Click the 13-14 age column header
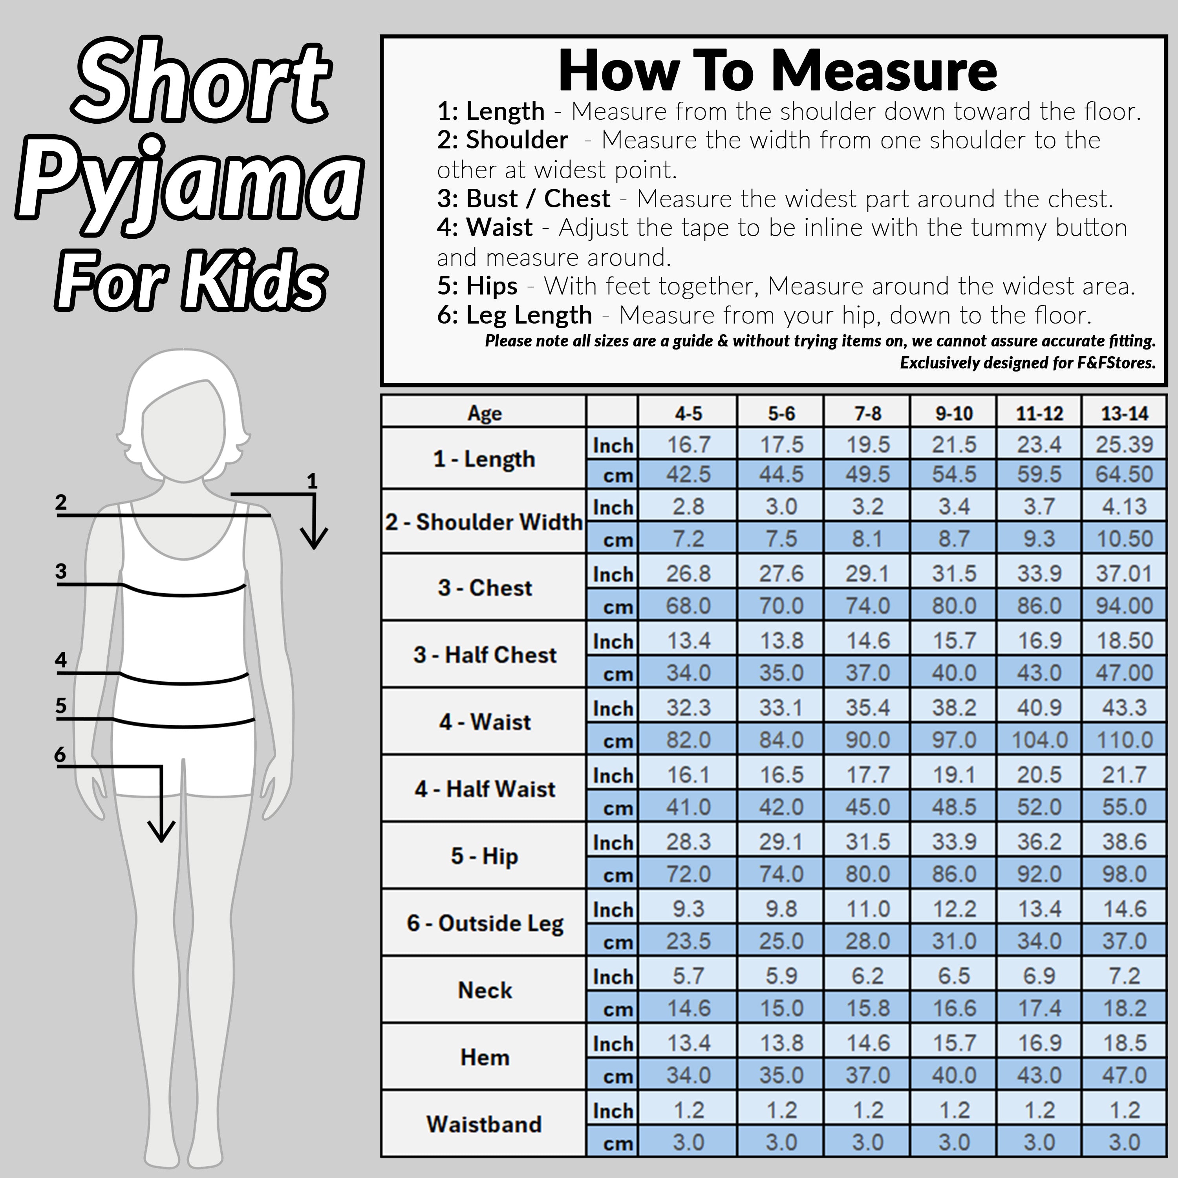[x=1124, y=413]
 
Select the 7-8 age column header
[x=868, y=413]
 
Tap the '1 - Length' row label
[x=484, y=459]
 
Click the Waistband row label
[x=484, y=1124]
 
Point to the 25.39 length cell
[x=1124, y=444]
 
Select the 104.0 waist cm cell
[x=1040, y=740]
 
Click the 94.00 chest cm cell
[x=1124, y=605]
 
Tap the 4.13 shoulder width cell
[x=1124, y=506]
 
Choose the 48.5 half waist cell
[x=954, y=807]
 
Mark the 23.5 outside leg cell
[x=688, y=941]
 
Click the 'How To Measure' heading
[x=777, y=71]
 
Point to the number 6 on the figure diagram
[x=60, y=754]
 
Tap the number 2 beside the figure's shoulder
[x=60, y=503]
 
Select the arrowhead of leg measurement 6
[x=161, y=831]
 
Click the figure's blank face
[x=183, y=430]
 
